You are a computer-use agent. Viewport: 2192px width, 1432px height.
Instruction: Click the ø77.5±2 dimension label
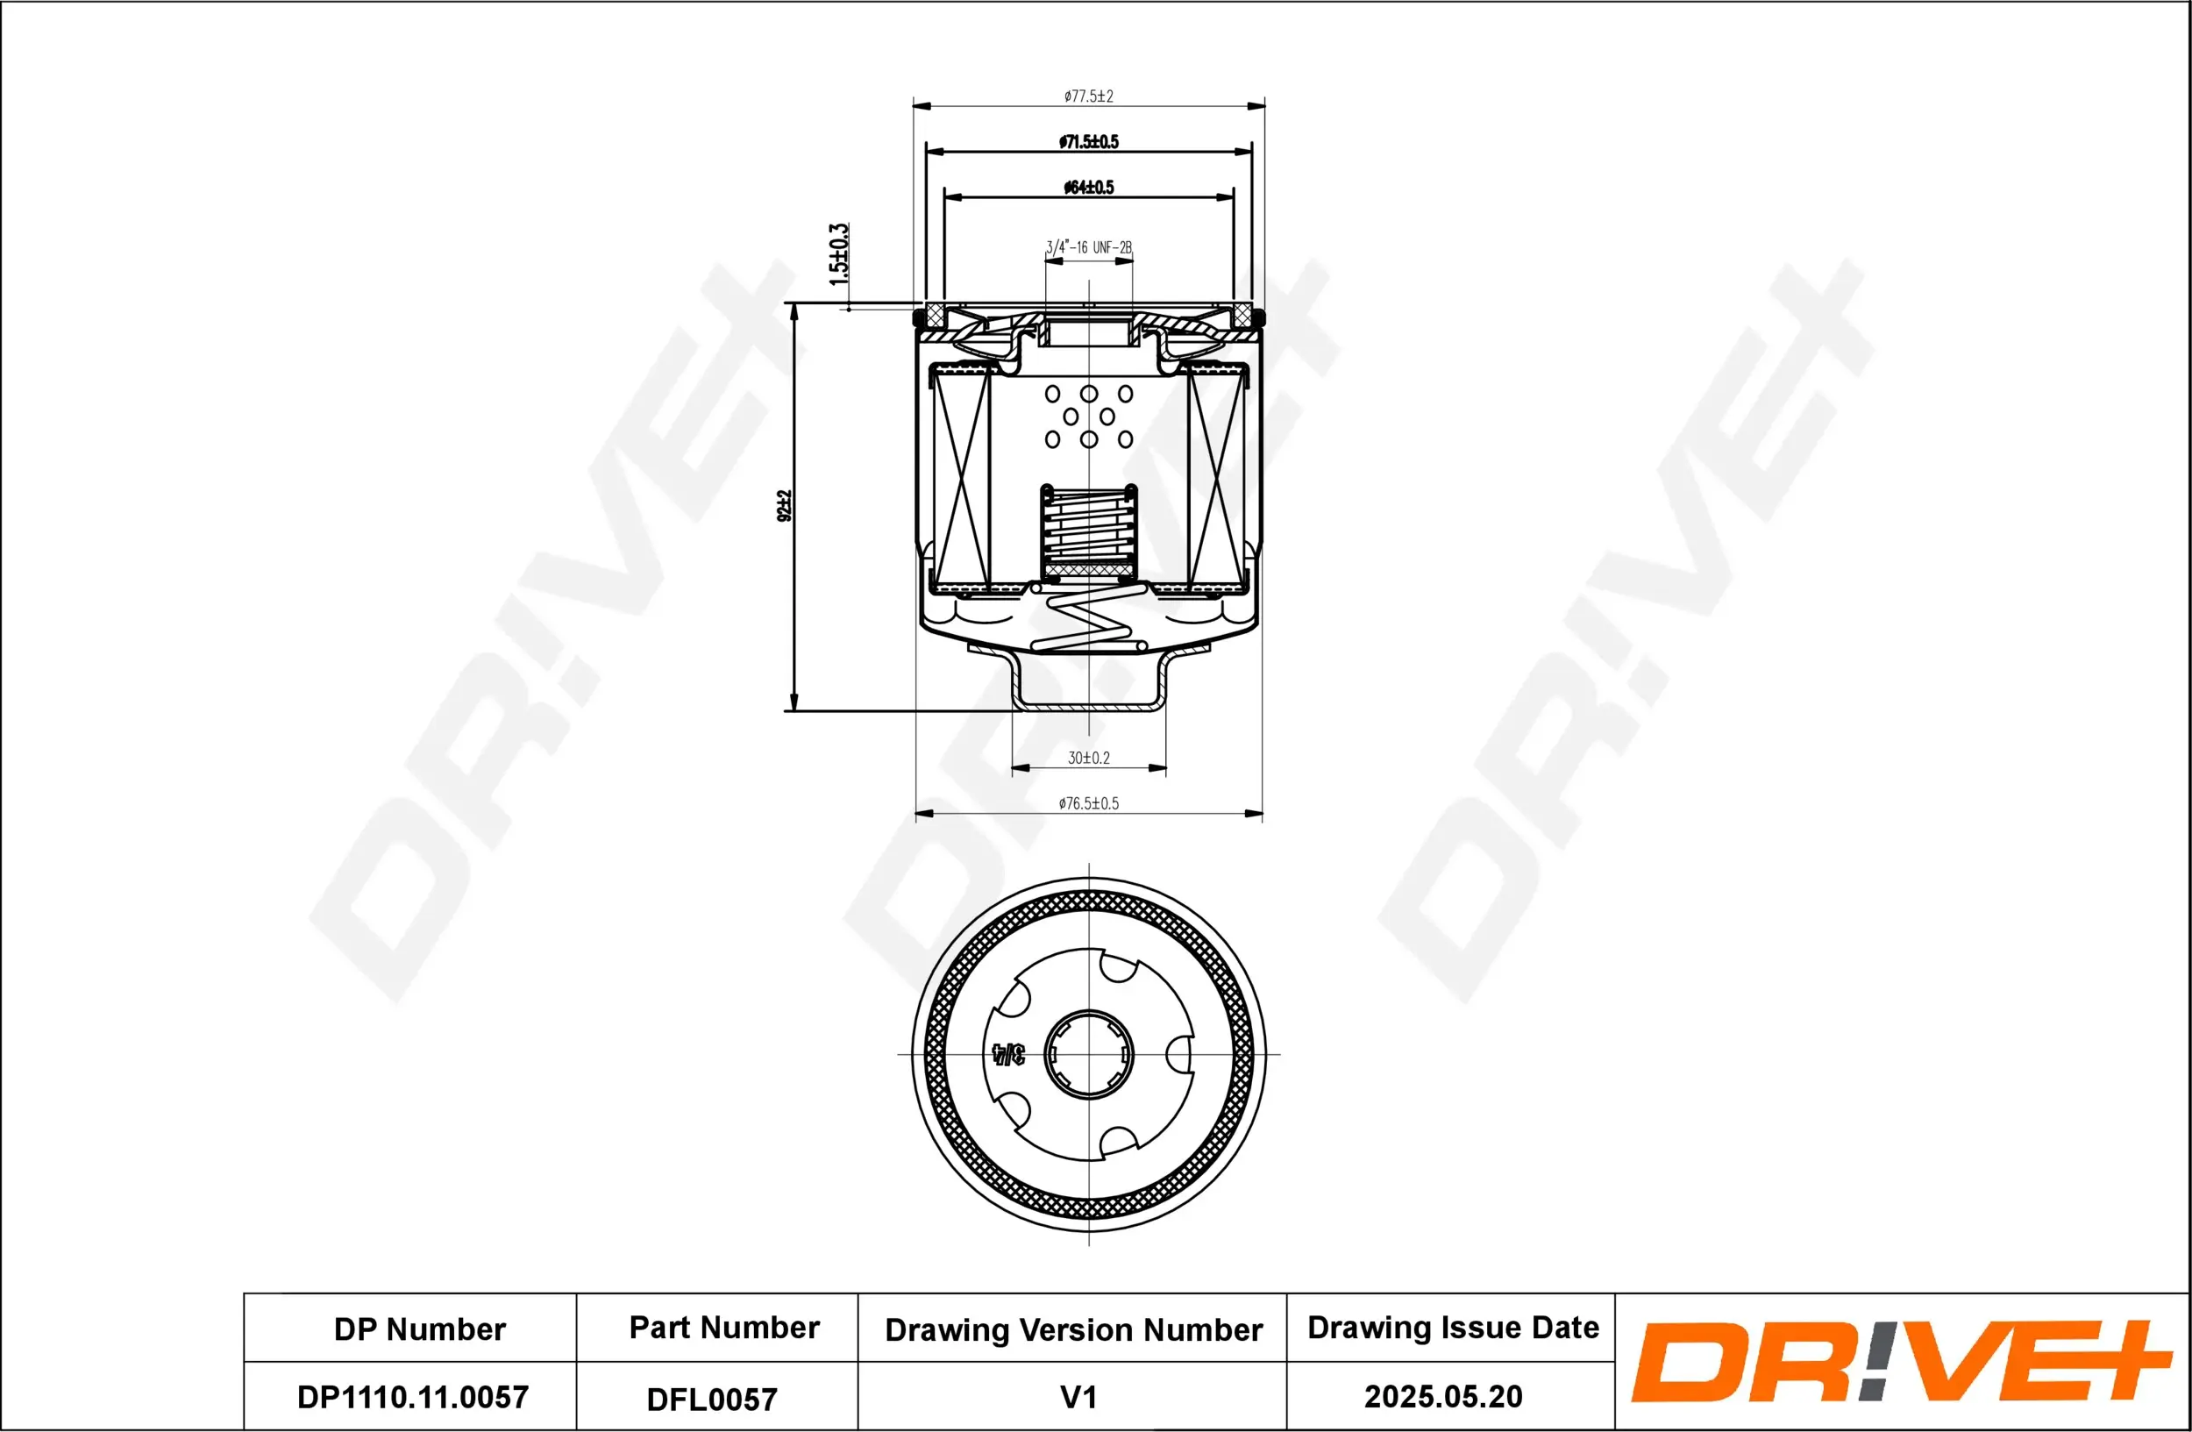[x=1089, y=96]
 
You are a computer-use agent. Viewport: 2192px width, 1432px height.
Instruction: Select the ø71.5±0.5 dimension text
[x=1089, y=142]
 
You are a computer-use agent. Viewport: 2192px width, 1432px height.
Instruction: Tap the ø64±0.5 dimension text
[x=1089, y=188]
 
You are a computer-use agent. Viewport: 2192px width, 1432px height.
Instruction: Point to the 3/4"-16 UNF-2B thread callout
[x=1089, y=247]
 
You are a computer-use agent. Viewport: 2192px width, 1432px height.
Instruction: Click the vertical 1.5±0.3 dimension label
[x=838, y=254]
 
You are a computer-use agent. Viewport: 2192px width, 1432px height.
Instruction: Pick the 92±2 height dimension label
[x=785, y=506]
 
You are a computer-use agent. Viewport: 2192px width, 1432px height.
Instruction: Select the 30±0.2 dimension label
[x=1089, y=758]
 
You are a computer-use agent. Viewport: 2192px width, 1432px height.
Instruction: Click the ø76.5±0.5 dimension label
[x=1089, y=804]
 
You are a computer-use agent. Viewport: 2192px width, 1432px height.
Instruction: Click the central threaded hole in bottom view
[x=1090, y=1054]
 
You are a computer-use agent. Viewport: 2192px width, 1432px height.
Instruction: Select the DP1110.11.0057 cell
[x=413, y=1397]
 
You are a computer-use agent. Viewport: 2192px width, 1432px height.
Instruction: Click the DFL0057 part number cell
[x=712, y=1400]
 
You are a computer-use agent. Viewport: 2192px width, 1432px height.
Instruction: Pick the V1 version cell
[x=1078, y=1397]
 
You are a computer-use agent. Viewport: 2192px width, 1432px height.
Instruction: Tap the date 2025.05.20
[x=1443, y=1396]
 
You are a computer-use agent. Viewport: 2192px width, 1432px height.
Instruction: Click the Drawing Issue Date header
[x=1453, y=1327]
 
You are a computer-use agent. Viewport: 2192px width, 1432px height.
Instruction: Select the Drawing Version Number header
[x=1073, y=1329]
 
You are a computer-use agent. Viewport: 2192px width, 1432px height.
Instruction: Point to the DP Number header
[x=420, y=1329]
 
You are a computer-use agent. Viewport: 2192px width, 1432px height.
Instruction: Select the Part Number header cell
[x=724, y=1327]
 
